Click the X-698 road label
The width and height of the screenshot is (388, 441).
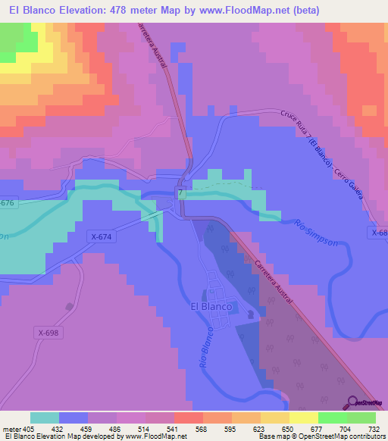coord(46,333)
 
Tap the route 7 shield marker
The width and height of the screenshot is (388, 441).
coord(181,193)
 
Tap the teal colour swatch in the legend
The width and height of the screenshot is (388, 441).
coord(45,418)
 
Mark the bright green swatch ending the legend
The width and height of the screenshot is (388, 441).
coord(361,418)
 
